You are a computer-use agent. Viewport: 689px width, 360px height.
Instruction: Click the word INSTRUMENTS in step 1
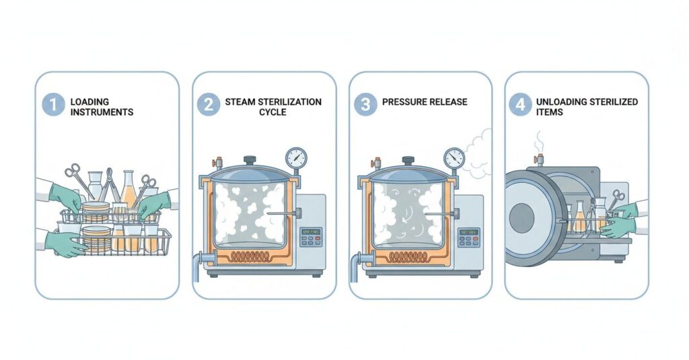[102, 112]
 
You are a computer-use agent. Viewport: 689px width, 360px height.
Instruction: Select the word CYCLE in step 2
[272, 112]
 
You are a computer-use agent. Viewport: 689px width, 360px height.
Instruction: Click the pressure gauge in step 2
[295, 159]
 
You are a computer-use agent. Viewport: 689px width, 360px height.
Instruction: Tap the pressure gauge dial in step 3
[454, 159]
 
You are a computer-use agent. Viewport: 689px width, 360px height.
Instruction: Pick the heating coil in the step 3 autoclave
[408, 256]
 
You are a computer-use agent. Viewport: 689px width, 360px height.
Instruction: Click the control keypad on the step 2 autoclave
[310, 236]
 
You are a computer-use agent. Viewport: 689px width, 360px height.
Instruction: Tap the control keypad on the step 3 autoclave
[468, 236]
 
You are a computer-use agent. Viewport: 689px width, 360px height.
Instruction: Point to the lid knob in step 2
[250, 160]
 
